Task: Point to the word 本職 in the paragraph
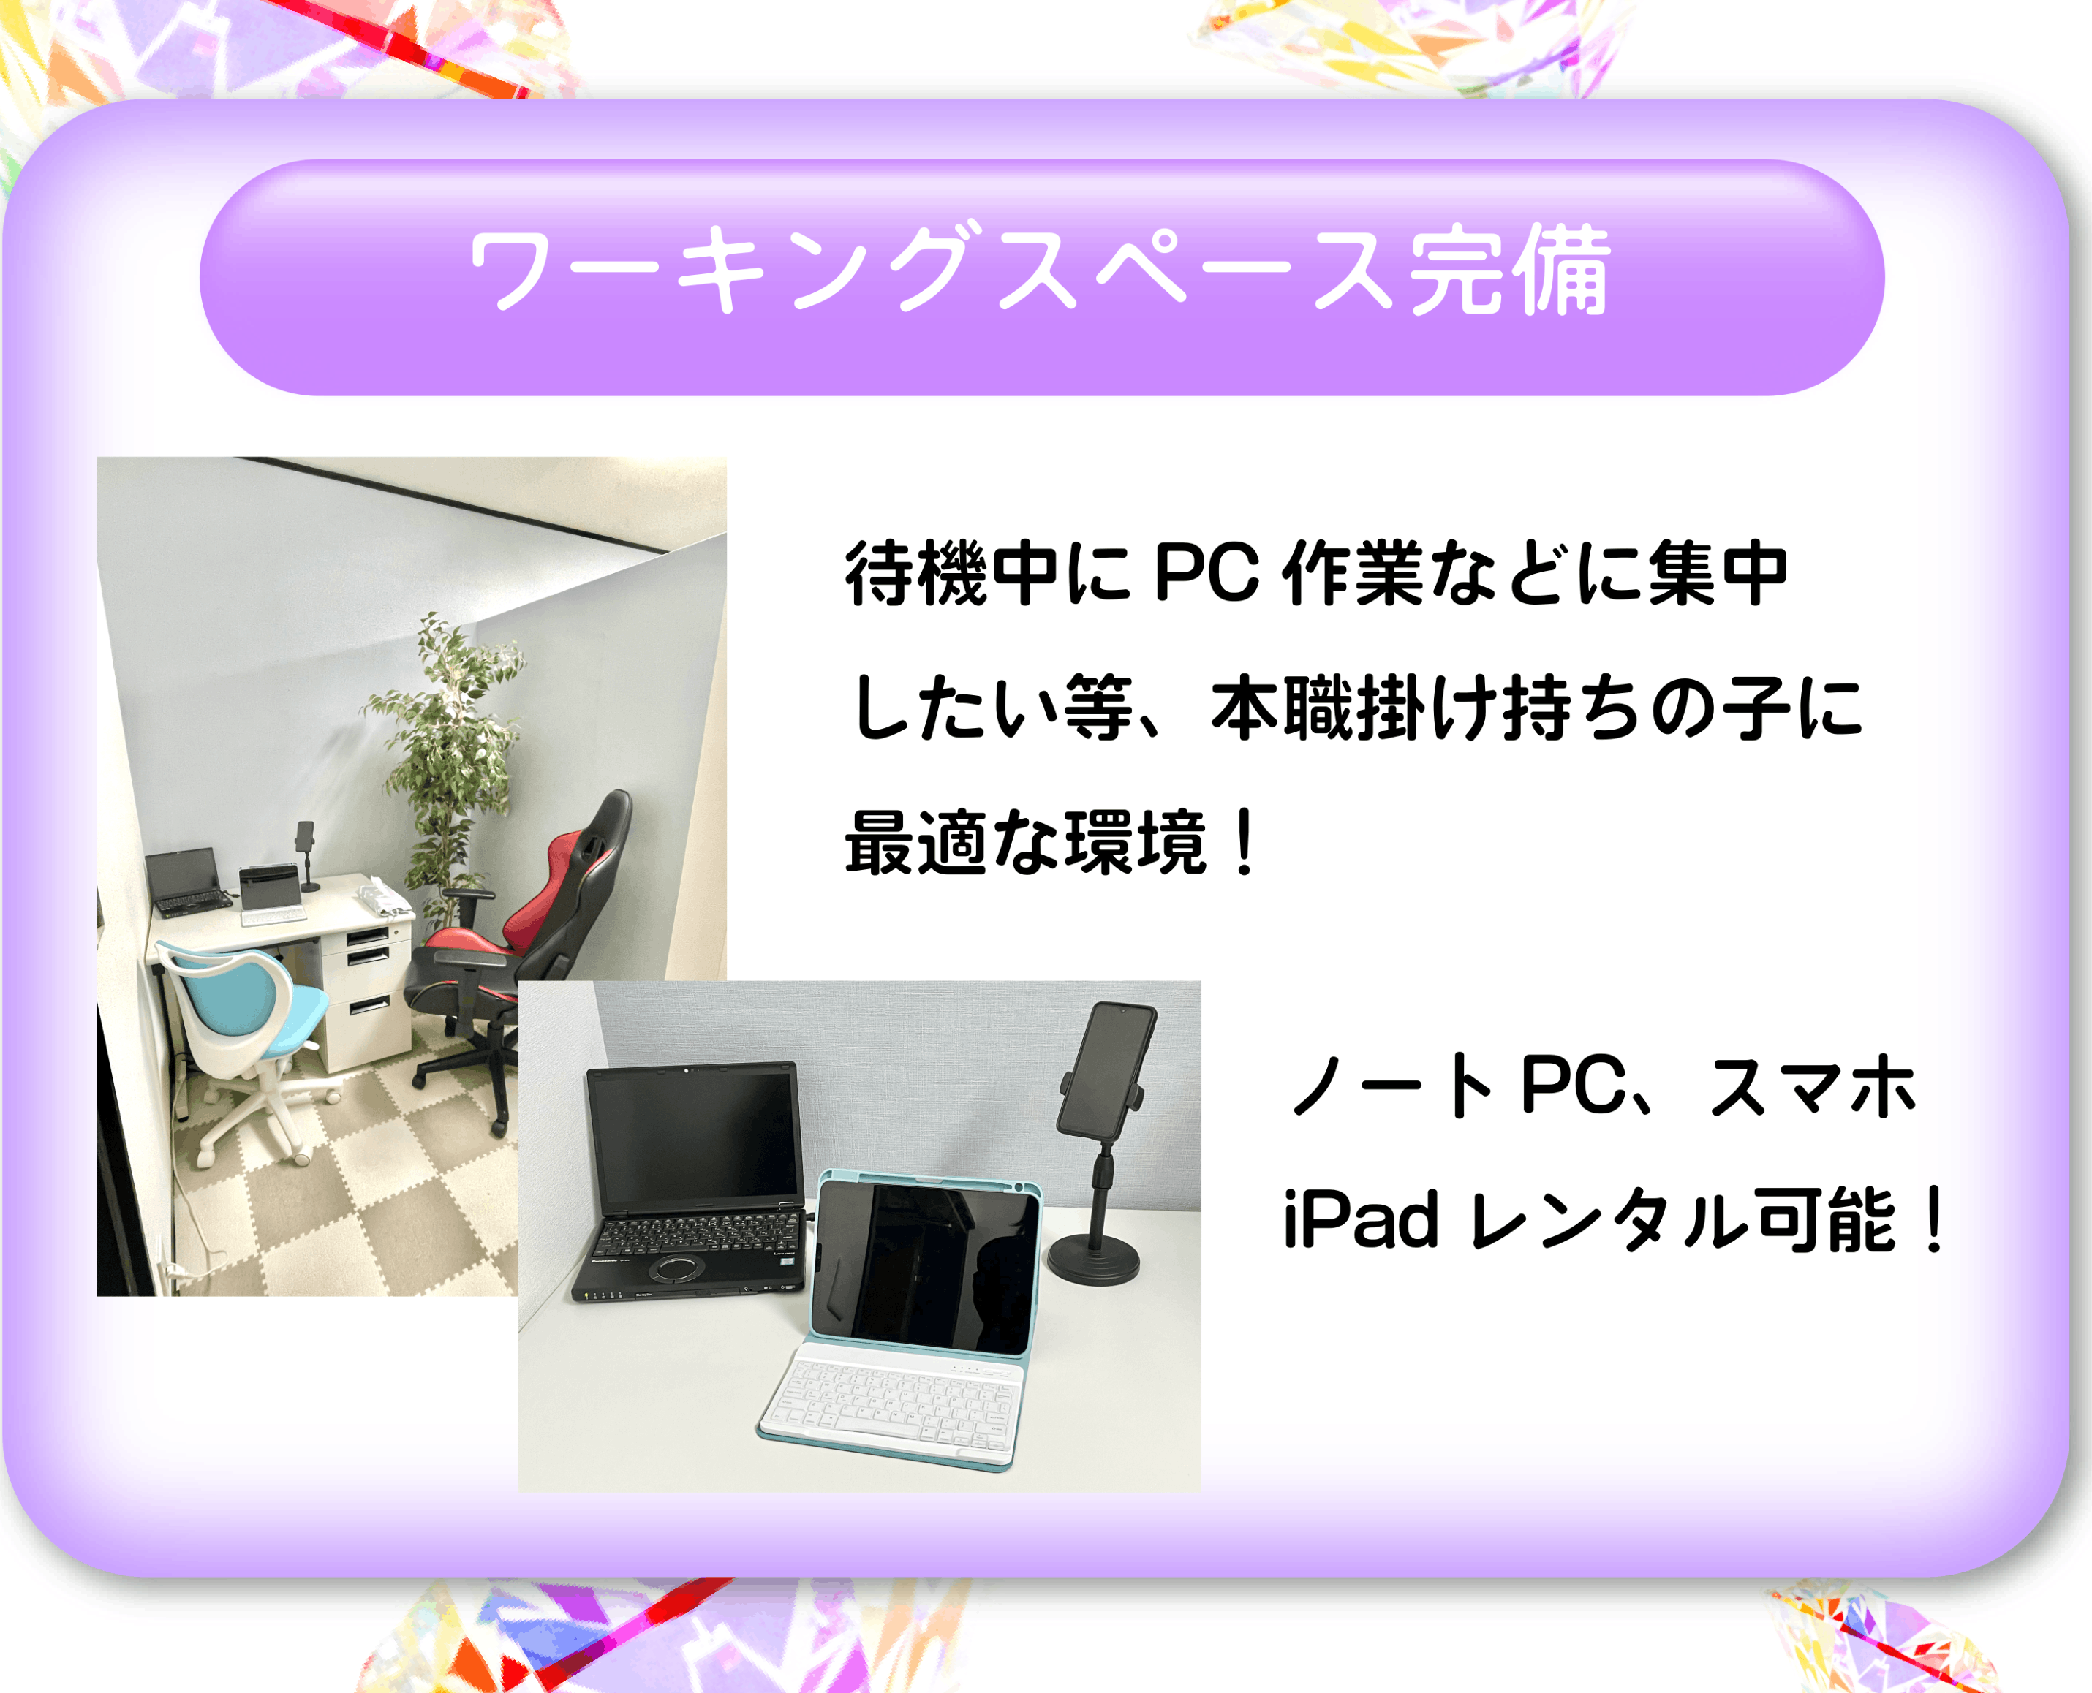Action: coord(1282,707)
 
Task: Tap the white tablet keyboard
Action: coord(892,1404)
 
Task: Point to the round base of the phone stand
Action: coord(1092,1258)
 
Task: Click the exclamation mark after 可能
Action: coord(1931,1219)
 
